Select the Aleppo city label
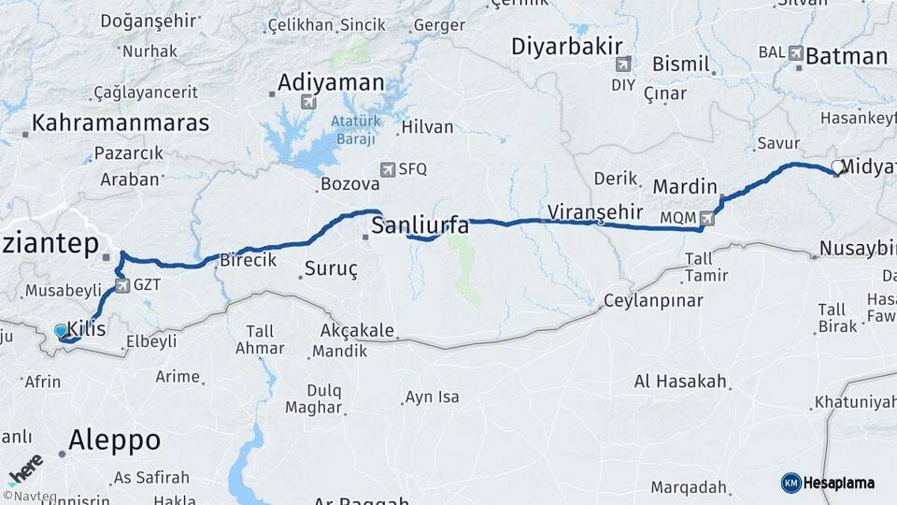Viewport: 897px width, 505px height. coord(114,440)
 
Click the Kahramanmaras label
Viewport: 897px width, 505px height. coord(121,123)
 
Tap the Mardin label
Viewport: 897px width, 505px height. coord(684,186)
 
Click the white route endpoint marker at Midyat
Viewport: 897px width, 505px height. coord(836,167)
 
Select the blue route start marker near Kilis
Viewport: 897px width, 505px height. coord(61,330)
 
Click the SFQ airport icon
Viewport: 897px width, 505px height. coord(388,169)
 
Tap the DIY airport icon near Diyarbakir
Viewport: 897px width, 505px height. coord(622,65)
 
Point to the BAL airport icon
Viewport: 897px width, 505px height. coord(795,54)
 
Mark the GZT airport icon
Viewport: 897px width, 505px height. coord(122,284)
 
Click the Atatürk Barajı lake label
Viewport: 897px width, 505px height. coord(351,130)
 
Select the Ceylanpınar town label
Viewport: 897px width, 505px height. coord(650,300)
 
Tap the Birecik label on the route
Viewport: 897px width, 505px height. coord(248,261)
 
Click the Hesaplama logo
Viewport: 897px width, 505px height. coord(828,483)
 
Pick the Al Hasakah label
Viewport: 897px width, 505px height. coord(679,381)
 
